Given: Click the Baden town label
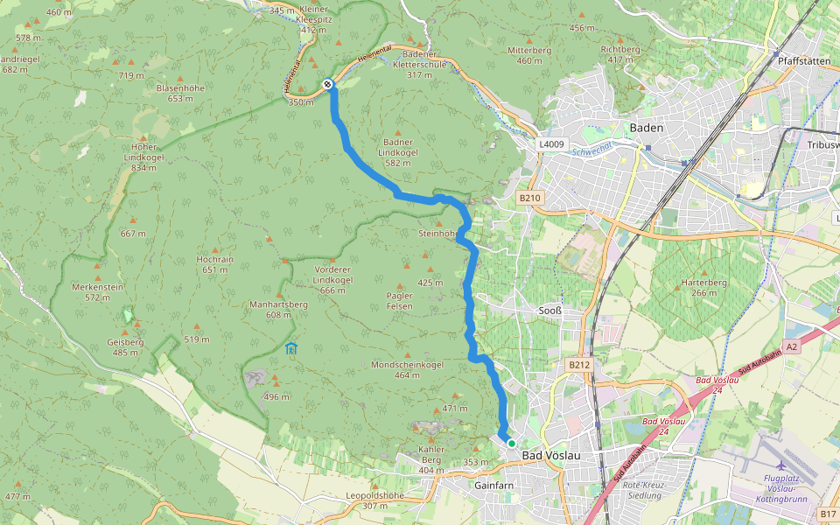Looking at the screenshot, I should [646, 128].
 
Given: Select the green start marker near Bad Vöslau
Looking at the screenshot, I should [512, 444].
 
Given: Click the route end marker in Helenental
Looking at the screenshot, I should [327, 84].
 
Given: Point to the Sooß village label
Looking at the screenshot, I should [549, 310].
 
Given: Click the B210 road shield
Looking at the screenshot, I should [530, 199].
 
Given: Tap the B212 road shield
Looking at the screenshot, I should [578, 364].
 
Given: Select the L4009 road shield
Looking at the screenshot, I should [552, 144].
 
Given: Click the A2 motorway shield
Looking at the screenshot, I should [791, 347].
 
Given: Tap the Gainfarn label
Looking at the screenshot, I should [492, 484].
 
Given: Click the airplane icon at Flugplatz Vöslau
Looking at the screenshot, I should [780, 464].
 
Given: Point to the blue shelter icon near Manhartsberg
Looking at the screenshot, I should [290, 348].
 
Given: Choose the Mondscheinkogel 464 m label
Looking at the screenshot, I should [407, 369].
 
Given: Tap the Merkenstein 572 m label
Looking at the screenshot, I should [97, 292].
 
